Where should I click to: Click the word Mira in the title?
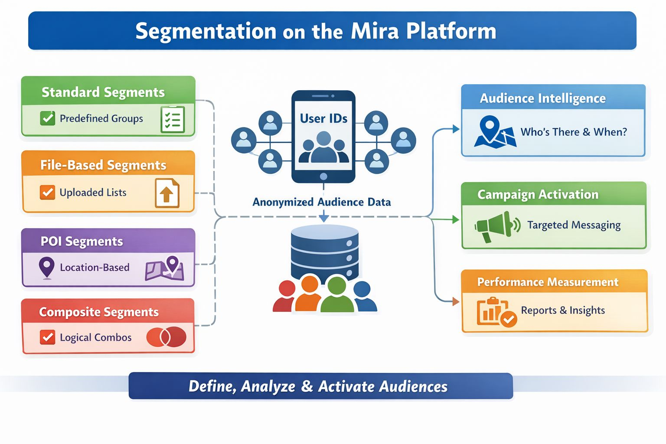[x=375, y=31]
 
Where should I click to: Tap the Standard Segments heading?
[x=103, y=92]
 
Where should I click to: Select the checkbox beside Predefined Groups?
[x=47, y=118]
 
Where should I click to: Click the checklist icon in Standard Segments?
[x=173, y=119]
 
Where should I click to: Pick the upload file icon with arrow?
[x=167, y=193]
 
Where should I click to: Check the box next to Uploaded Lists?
[x=47, y=192]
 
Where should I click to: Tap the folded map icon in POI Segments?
[x=165, y=268]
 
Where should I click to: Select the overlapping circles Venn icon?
[x=166, y=337]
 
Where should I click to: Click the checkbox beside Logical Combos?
[x=47, y=337]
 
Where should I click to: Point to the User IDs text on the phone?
[x=323, y=118]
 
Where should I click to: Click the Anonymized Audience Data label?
[x=322, y=202]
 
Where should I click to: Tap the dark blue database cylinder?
[x=324, y=251]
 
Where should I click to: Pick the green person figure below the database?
[x=337, y=296]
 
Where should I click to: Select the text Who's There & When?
[x=574, y=132]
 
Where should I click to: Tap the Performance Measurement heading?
[x=548, y=282]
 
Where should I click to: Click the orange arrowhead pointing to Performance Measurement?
[x=456, y=301]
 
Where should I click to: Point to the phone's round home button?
[x=323, y=176]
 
